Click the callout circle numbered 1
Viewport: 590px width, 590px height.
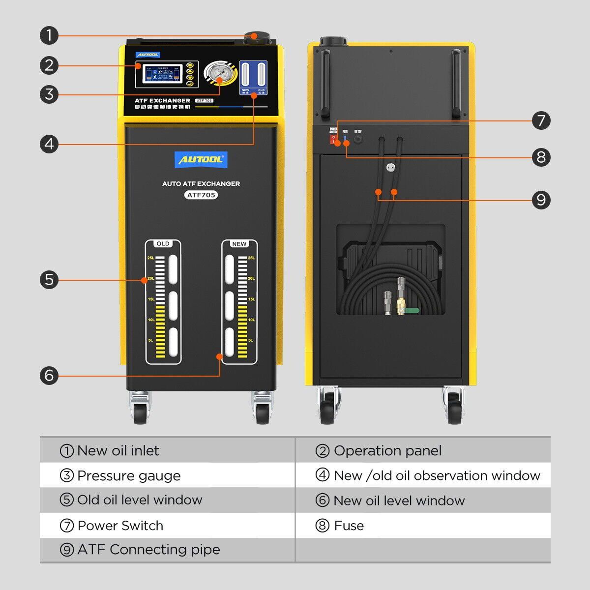pos(49,35)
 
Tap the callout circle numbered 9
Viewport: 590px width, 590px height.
pos(541,200)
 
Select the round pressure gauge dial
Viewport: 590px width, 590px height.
pos(216,74)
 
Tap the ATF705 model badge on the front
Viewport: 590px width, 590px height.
pos(201,195)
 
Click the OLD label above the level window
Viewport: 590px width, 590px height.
pos(163,244)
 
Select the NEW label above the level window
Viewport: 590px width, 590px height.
pos(239,244)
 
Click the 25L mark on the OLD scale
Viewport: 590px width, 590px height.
pos(151,258)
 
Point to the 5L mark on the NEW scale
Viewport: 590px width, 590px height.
pos(251,340)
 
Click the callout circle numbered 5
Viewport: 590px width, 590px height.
pos(49,280)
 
